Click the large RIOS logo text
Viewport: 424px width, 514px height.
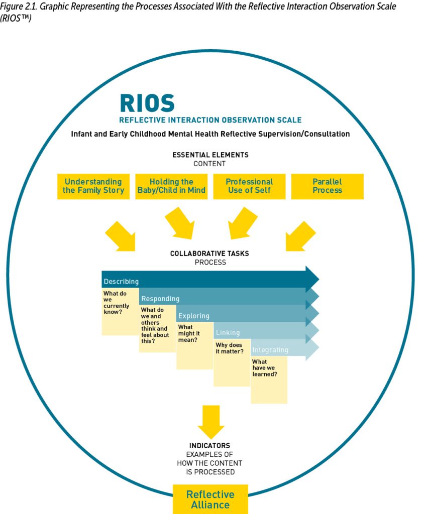[x=147, y=103]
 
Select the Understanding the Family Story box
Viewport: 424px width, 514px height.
[x=93, y=186]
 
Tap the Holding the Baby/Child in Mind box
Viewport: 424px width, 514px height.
[x=171, y=186]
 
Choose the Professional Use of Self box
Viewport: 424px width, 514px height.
[x=249, y=186]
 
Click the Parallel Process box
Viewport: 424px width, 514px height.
[x=327, y=186]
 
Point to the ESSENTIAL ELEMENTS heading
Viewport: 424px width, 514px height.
[x=210, y=155]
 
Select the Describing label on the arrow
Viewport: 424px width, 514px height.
[x=121, y=282]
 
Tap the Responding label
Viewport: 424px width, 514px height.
[x=160, y=299]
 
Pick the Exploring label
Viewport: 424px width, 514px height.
[x=194, y=316]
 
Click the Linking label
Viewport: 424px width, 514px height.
[x=228, y=332]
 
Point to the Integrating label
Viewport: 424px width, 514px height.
[x=270, y=349]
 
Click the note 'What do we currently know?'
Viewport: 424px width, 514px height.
[x=119, y=311]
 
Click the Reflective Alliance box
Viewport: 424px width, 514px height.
[x=210, y=499]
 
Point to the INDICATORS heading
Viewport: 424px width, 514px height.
[x=209, y=446]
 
